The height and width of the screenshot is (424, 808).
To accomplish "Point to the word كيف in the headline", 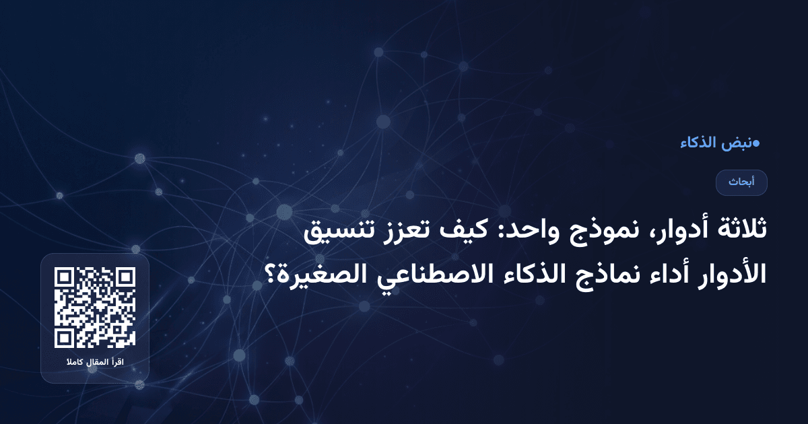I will click(x=459, y=232).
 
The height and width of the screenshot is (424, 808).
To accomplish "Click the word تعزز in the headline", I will click(x=401, y=232).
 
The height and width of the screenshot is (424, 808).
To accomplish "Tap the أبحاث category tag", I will click(x=741, y=182).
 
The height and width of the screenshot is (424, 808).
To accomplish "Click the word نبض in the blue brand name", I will click(x=736, y=143).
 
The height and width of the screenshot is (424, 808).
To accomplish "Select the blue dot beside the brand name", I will click(x=756, y=143).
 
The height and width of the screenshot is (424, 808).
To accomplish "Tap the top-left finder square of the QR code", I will click(x=64, y=277).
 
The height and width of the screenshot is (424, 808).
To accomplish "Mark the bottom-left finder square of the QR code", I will click(x=64, y=339).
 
